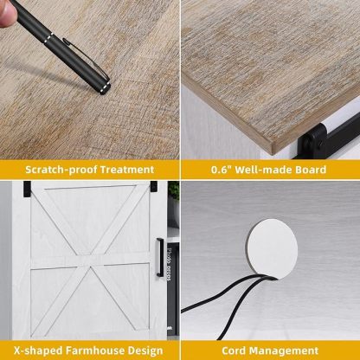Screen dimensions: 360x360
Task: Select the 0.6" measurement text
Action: point(222,170)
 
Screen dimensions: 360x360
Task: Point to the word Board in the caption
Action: point(311,170)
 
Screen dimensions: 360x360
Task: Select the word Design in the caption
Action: point(145,351)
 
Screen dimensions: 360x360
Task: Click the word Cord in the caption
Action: point(234,350)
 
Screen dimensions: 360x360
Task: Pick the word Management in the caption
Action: point(284,351)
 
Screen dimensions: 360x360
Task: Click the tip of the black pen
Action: point(103,91)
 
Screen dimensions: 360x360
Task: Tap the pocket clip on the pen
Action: point(86,58)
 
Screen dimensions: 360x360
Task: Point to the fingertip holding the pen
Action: point(8,14)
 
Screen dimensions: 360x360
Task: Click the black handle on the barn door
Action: point(160,258)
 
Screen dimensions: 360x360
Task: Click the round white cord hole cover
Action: point(273,249)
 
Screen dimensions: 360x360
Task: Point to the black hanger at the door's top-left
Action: point(27,189)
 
